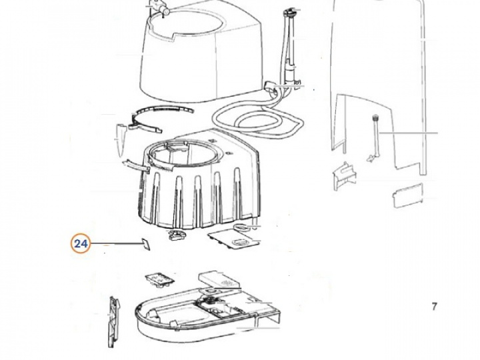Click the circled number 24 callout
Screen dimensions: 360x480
tap(81, 244)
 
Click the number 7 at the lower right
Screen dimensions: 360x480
tap(434, 307)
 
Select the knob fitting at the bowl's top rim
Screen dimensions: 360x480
tap(159, 7)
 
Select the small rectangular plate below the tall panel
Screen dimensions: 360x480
tap(409, 195)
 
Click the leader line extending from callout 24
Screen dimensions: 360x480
tap(114, 244)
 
